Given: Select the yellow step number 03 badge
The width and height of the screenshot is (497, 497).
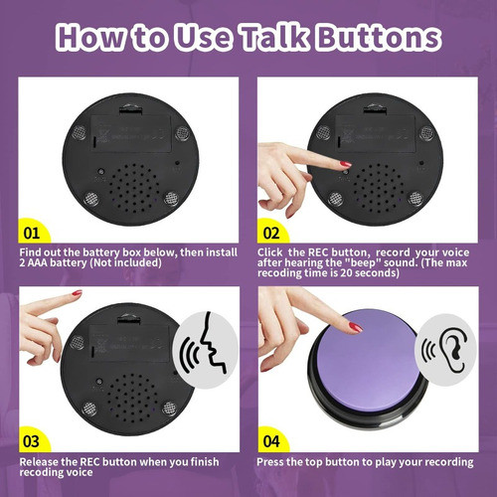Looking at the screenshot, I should click(x=33, y=439).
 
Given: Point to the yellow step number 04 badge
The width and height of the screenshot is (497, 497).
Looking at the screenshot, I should click(x=271, y=439).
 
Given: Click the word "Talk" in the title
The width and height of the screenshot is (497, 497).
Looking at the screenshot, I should click(x=274, y=37).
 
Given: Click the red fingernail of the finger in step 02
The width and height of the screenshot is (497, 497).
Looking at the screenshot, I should click(x=345, y=163).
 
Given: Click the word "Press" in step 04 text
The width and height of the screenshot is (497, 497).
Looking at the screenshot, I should click(x=273, y=461).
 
